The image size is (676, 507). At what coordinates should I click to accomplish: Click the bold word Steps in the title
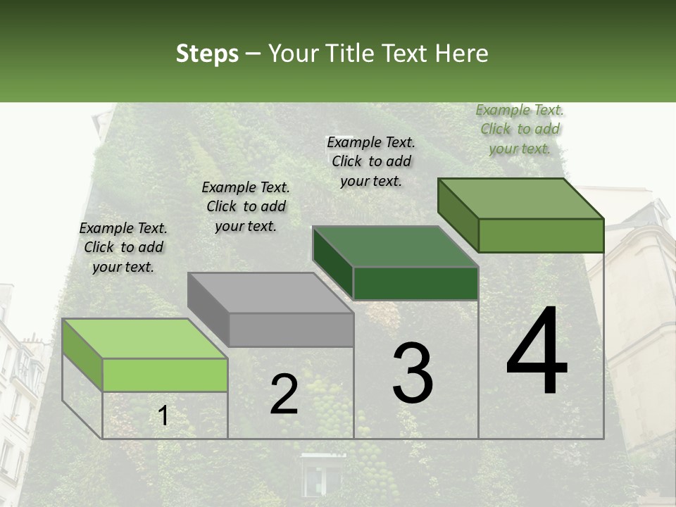207,54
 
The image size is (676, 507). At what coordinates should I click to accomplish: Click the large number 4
537,352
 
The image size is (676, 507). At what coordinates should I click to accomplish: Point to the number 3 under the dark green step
413,373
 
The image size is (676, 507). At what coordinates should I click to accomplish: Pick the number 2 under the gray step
284,394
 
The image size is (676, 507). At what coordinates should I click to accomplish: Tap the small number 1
163,416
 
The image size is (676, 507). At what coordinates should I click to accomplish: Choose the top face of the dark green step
395,246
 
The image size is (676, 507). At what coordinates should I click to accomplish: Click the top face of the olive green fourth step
520,199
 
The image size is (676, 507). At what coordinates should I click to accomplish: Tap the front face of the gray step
291,330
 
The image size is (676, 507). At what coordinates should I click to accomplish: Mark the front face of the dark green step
415,283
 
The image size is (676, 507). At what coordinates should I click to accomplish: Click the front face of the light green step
165,375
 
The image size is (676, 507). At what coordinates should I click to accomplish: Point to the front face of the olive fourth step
541,235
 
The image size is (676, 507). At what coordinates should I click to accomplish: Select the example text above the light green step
123,247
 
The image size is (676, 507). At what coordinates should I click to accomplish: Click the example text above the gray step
246,206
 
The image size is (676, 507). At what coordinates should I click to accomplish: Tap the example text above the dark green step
371,161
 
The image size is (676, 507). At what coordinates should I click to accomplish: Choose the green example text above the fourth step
520,129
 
